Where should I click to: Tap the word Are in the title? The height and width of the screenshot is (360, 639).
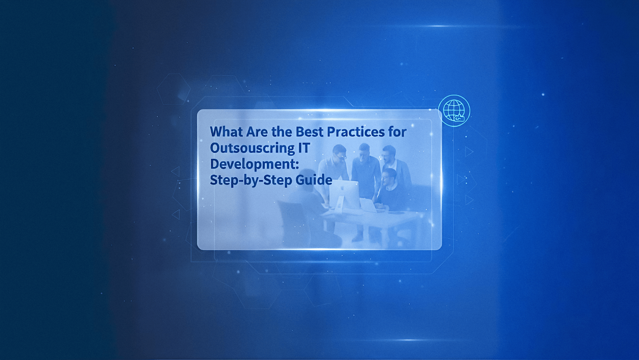coord(257,132)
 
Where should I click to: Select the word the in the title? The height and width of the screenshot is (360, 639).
coord(282,132)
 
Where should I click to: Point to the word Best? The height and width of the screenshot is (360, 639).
coord(310,132)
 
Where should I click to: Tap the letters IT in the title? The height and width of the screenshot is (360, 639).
coord(304,148)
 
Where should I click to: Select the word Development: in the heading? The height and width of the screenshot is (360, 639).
coord(254,164)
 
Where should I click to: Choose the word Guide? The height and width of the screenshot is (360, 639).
coord(314,180)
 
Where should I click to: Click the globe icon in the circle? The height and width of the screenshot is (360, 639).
coord(454,110)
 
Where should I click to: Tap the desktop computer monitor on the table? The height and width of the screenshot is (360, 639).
coord(344,194)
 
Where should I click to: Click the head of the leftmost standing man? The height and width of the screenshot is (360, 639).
coord(339,152)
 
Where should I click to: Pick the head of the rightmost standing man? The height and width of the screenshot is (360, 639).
coord(388,153)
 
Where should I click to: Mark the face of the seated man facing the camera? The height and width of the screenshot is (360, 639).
coord(389,176)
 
